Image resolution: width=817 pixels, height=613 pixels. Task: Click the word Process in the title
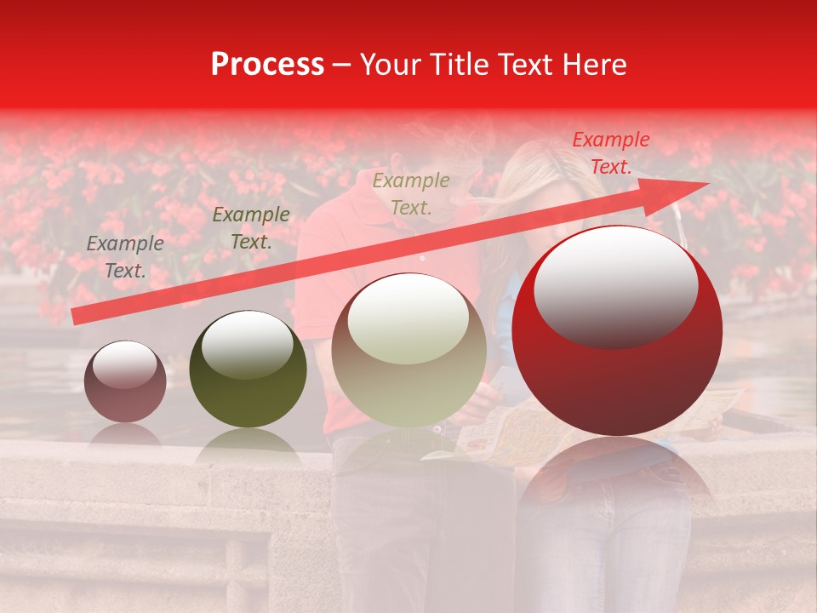[267, 65]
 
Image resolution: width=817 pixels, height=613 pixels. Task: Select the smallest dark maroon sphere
[126, 381]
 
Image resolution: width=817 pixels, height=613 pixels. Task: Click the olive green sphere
[248, 369]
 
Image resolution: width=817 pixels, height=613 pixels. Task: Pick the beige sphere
[408, 350]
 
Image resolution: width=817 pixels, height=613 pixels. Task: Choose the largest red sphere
[617, 330]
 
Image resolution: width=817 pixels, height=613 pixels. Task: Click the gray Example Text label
[125, 257]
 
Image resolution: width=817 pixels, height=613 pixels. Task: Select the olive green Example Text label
[250, 228]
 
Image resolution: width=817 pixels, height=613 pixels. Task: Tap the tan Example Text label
[411, 193]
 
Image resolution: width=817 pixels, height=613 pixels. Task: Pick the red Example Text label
[610, 153]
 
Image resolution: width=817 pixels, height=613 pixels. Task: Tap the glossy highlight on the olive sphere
[247, 341]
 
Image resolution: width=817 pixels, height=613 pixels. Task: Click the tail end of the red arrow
[77, 317]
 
